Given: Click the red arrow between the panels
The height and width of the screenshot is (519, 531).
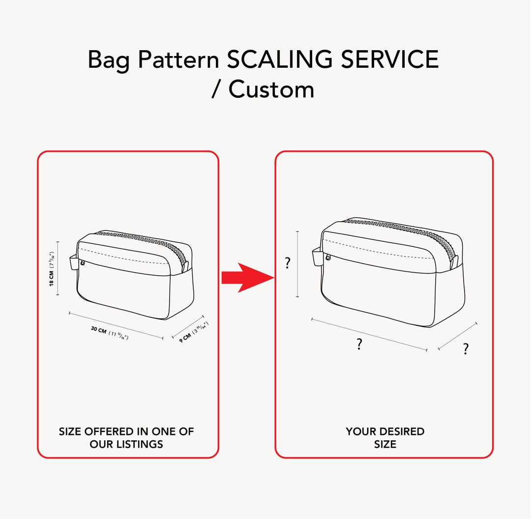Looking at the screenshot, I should [x=246, y=278].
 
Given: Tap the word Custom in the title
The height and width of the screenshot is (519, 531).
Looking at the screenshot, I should [x=271, y=89].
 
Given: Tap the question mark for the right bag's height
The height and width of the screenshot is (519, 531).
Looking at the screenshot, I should [x=288, y=263].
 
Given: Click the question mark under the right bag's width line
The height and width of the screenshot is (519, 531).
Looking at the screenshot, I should [x=360, y=345].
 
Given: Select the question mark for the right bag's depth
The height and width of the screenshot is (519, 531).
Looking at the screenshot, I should [x=465, y=349].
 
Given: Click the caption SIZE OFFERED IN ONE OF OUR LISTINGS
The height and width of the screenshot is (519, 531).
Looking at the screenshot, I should [x=126, y=437].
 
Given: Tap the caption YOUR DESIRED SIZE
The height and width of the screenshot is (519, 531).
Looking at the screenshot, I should [x=385, y=437].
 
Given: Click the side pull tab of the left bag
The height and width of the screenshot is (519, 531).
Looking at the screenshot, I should [x=74, y=262].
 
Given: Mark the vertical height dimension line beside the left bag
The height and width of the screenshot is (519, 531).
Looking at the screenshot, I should [x=58, y=268].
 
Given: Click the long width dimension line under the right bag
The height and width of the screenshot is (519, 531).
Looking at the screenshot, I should [x=369, y=334].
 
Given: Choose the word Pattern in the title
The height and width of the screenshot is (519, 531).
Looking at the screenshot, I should [x=178, y=60].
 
